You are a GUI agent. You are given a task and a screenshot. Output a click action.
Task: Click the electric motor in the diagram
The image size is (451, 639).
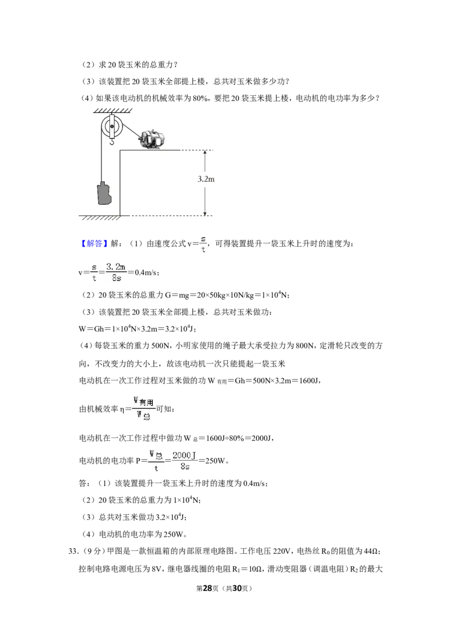(152, 139)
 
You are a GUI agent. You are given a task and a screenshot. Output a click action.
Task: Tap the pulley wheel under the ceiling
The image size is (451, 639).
(112, 127)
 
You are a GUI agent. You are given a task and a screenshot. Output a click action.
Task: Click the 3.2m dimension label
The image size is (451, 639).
(206, 179)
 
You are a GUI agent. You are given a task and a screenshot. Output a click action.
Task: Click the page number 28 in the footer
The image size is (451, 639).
(207, 588)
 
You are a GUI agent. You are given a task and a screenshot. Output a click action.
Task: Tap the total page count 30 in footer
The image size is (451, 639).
(237, 588)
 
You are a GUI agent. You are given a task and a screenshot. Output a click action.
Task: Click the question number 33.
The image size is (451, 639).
(74, 551)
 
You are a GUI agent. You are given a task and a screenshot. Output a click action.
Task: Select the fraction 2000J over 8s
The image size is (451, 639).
(184, 461)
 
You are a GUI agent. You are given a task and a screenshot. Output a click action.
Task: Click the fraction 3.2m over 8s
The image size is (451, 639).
(116, 272)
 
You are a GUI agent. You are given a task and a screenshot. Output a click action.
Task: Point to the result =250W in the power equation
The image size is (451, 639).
(213, 461)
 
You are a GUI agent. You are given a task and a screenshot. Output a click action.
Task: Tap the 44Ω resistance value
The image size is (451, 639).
(371, 551)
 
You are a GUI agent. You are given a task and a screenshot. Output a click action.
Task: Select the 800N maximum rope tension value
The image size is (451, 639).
(304, 345)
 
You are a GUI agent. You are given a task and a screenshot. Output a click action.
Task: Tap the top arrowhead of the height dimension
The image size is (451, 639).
(205, 152)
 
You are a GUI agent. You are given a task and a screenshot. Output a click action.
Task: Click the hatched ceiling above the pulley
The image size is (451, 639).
(113, 111)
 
